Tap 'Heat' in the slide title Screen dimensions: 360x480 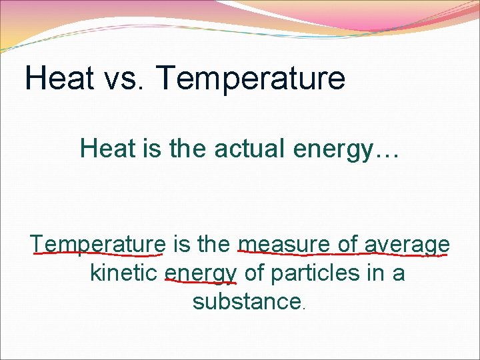tap(59, 79)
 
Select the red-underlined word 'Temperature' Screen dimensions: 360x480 tap(98, 244)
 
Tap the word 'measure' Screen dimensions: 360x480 tap(285, 244)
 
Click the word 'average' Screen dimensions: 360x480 tap(407, 245)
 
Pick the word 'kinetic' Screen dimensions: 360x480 tap(124, 273)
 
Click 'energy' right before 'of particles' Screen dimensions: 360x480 tap(201, 274)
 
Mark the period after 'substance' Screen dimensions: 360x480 tap(304, 309)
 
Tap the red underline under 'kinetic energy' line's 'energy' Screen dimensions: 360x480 tap(200, 283)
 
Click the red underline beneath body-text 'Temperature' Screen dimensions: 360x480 tap(98, 253)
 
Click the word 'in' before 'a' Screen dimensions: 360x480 tap(378, 273)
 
